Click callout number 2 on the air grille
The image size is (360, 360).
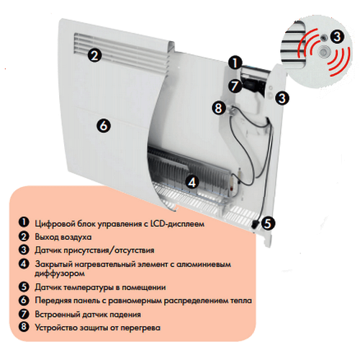[x=94, y=55]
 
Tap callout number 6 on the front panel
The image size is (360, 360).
[x=104, y=125]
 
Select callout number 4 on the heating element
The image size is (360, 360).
[x=192, y=182]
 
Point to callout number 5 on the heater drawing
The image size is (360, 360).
[x=268, y=223]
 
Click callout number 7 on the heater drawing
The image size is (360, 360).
[x=235, y=86]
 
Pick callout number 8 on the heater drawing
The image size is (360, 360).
[x=219, y=108]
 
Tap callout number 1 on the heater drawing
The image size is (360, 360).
[x=235, y=63]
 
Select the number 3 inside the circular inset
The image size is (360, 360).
[x=337, y=37]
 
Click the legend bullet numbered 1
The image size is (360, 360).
[x=24, y=222]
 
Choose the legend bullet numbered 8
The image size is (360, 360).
[x=24, y=327]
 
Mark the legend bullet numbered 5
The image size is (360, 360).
[x=24, y=287]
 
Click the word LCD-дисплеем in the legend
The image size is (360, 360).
[x=177, y=224]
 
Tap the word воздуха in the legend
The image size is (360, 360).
[x=76, y=237]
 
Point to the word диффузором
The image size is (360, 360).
[x=60, y=274]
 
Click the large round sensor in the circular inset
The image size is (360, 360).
[x=324, y=51]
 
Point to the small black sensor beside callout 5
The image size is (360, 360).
[x=255, y=224]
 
